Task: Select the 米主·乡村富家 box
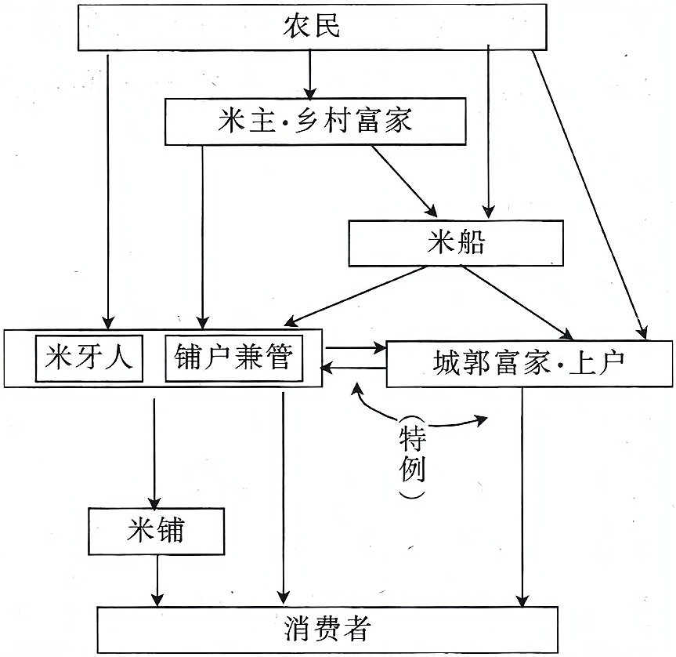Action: point(315,122)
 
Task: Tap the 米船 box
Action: point(456,242)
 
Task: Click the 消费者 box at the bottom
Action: point(327,630)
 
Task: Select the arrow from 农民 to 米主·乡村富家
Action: point(310,74)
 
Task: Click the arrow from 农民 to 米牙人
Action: point(107,188)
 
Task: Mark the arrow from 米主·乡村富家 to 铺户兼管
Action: point(202,235)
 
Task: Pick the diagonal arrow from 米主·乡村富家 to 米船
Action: point(403,180)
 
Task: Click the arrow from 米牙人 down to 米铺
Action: point(154,451)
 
